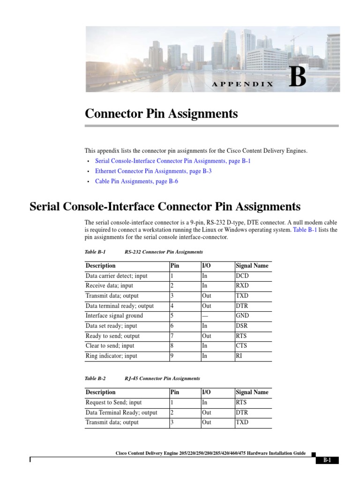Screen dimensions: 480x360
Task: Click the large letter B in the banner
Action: pyautogui.click(x=298, y=77)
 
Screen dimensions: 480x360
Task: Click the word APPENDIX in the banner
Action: pyautogui.click(x=243, y=84)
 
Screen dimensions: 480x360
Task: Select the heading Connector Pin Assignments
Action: pyautogui.click(x=161, y=114)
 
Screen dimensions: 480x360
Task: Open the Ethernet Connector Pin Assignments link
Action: pyautogui.click(x=153, y=171)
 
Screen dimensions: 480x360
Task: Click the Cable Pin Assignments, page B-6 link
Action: pyautogui.click(x=136, y=181)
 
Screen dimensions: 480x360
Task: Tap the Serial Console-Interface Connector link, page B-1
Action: pyautogui.click(x=173, y=161)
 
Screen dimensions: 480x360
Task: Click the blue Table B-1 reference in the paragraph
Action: pyautogui.click(x=305, y=230)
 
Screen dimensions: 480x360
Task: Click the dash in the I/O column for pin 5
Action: pyautogui.click(x=205, y=316)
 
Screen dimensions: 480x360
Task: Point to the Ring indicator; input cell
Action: pyautogui.click(x=112, y=356)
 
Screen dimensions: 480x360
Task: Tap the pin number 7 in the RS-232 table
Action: pyautogui.click(x=172, y=336)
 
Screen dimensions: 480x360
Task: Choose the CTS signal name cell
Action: pyautogui.click(x=241, y=346)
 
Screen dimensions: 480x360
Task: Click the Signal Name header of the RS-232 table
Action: pyautogui.click(x=252, y=266)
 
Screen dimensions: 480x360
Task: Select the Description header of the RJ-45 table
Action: pyautogui.click(x=100, y=392)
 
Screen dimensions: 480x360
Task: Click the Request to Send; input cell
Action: pyautogui.click(x=113, y=403)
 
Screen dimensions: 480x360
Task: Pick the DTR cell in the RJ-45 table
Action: pyautogui.click(x=242, y=412)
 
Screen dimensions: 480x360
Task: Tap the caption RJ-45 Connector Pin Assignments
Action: pyautogui.click(x=162, y=378)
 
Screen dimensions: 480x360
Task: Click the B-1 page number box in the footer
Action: pyautogui.click(x=327, y=460)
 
